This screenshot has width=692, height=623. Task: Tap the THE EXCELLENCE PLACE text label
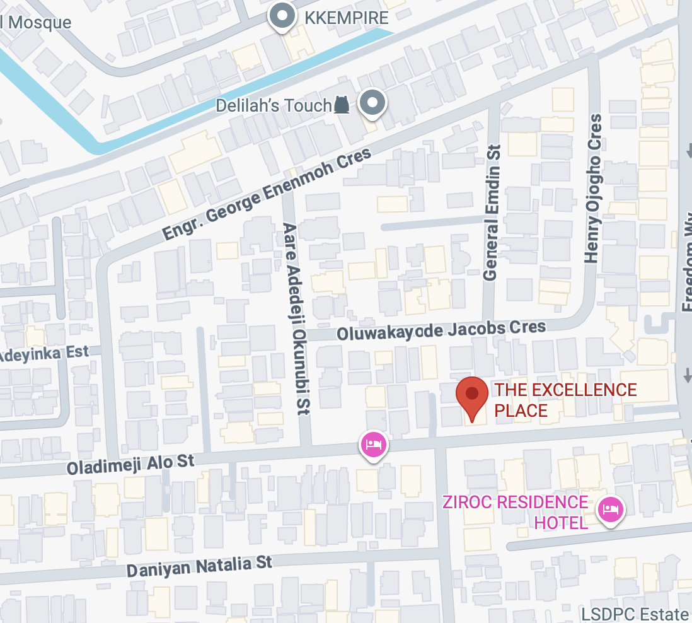point(565,400)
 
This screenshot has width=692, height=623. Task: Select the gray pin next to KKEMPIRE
point(282,15)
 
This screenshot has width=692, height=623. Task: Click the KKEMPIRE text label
point(346,18)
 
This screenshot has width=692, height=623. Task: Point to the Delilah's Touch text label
point(274,105)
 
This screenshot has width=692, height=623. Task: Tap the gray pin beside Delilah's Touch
point(372,102)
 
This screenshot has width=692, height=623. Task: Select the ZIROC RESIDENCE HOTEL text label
point(515,511)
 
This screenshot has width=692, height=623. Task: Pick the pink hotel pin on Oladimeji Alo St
point(373,444)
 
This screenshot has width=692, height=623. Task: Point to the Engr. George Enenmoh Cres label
point(267,195)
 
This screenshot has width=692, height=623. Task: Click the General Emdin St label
point(492,212)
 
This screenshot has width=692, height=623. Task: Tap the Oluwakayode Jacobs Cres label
point(441,330)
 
